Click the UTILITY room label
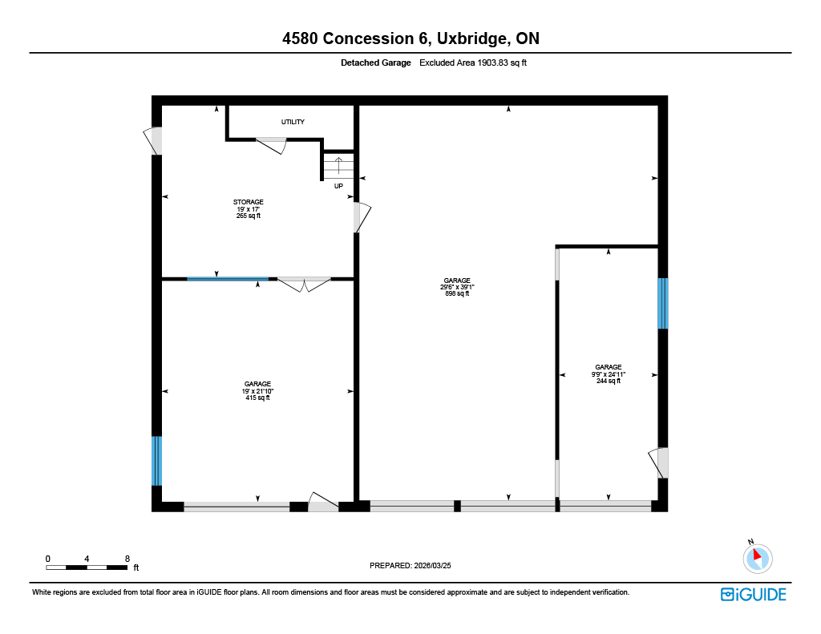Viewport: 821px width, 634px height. [x=293, y=122]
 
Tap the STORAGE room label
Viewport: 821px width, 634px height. [x=249, y=202]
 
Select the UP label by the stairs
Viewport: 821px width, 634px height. [x=339, y=187]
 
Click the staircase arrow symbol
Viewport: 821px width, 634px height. [x=338, y=165]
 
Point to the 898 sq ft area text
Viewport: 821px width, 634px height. [x=457, y=293]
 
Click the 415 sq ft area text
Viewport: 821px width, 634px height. [x=257, y=398]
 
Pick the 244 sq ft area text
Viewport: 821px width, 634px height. [x=609, y=382]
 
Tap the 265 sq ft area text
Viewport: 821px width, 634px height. [x=249, y=216]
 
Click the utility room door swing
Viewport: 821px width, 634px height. [x=272, y=145]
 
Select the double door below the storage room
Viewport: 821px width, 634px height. [x=304, y=284]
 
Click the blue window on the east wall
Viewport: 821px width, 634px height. [x=663, y=304]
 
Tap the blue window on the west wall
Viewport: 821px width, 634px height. [x=156, y=461]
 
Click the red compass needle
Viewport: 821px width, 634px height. [x=757, y=555]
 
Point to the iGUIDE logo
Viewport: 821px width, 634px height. [x=754, y=595]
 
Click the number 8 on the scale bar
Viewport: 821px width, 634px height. [x=127, y=559]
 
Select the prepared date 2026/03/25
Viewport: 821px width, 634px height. [x=432, y=565]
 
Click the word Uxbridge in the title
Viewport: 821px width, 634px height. [x=471, y=38]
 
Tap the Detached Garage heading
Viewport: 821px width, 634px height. [x=376, y=63]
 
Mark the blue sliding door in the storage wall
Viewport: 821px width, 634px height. [x=228, y=279]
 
